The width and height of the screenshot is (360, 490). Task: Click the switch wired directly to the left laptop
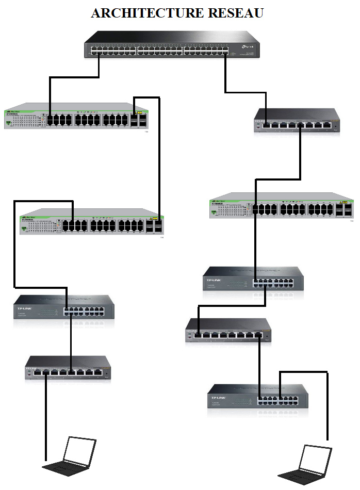click(x=68, y=368)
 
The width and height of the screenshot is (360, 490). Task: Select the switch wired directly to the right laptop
click(x=258, y=400)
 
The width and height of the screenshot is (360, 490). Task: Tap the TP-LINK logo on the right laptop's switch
click(x=218, y=398)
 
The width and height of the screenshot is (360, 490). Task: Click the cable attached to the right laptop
click(x=328, y=407)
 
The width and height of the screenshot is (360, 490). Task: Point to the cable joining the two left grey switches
click(x=159, y=155)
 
